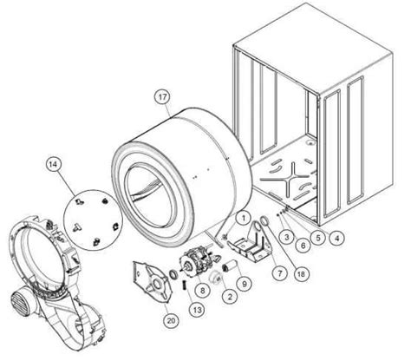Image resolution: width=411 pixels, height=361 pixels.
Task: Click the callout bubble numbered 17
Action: (162, 98)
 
